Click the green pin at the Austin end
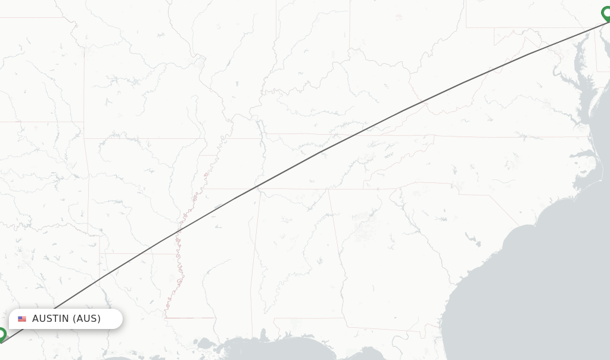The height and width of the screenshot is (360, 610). click(x=2, y=334)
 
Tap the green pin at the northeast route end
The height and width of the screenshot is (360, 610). click(x=606, y=13)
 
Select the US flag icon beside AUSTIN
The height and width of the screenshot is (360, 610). click(x=22, y=319)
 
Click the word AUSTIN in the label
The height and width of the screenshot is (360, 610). click(x=51, y=319)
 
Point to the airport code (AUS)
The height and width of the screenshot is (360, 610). click(x=87, y=319)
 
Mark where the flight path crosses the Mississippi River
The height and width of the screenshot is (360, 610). click(x=178, y=232)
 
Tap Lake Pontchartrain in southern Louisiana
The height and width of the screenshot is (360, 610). click(x=206, y=343)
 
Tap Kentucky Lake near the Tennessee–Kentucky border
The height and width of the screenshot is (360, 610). click(x=260, y=128)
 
